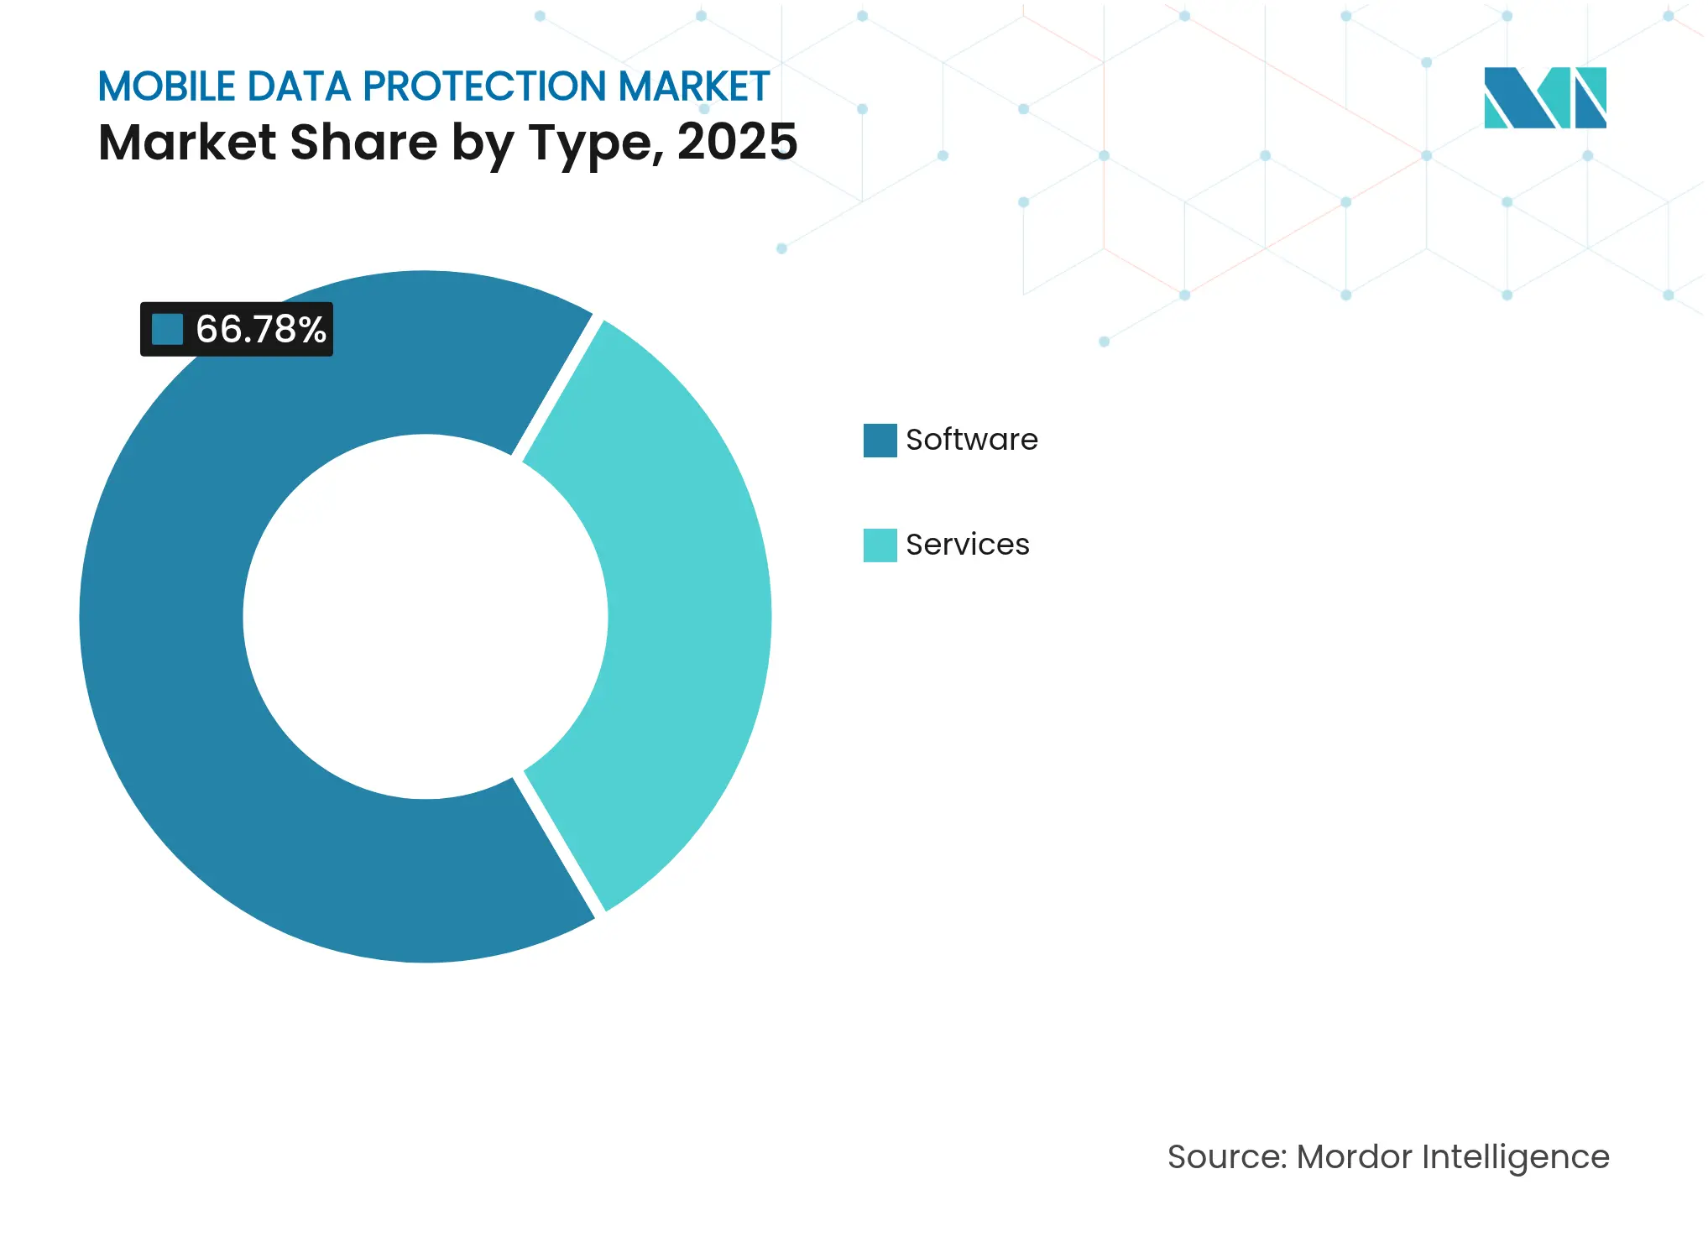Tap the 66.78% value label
(260, 329)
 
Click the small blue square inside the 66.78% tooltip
(167, 329)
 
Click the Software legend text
(971, 440)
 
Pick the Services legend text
(967, 545)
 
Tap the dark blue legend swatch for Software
(880, 440)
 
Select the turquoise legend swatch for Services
(880, 545)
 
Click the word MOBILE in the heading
(166, 86)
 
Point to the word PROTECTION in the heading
(484, 86)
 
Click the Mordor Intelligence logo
(1544, 97)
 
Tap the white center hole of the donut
(425, 617)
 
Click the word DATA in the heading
(298, 86)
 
